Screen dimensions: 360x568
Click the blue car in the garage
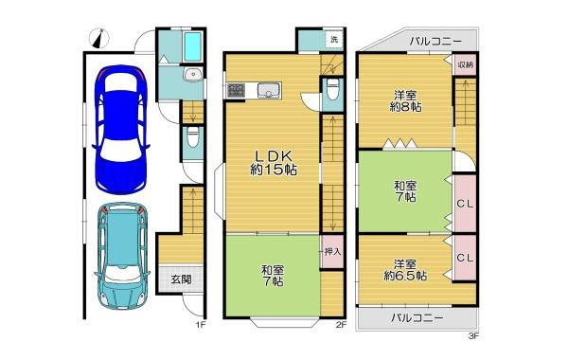(120, 128)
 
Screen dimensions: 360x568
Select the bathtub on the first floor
(193, 47)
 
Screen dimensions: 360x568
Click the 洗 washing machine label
(333, 40)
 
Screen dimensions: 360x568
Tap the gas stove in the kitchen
(236, 91)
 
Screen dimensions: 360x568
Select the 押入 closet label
(332, 251)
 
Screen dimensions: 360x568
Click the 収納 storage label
(465, 64)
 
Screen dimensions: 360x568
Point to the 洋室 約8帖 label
(405, 100)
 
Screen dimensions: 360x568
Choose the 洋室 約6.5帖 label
(406, 270)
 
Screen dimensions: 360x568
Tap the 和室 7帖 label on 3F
(405, 191)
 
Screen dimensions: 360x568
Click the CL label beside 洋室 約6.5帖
(465, 258)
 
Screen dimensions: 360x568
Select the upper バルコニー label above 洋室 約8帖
(435, 42)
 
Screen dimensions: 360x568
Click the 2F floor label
(341, 327)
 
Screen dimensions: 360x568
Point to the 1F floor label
(200, 327)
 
